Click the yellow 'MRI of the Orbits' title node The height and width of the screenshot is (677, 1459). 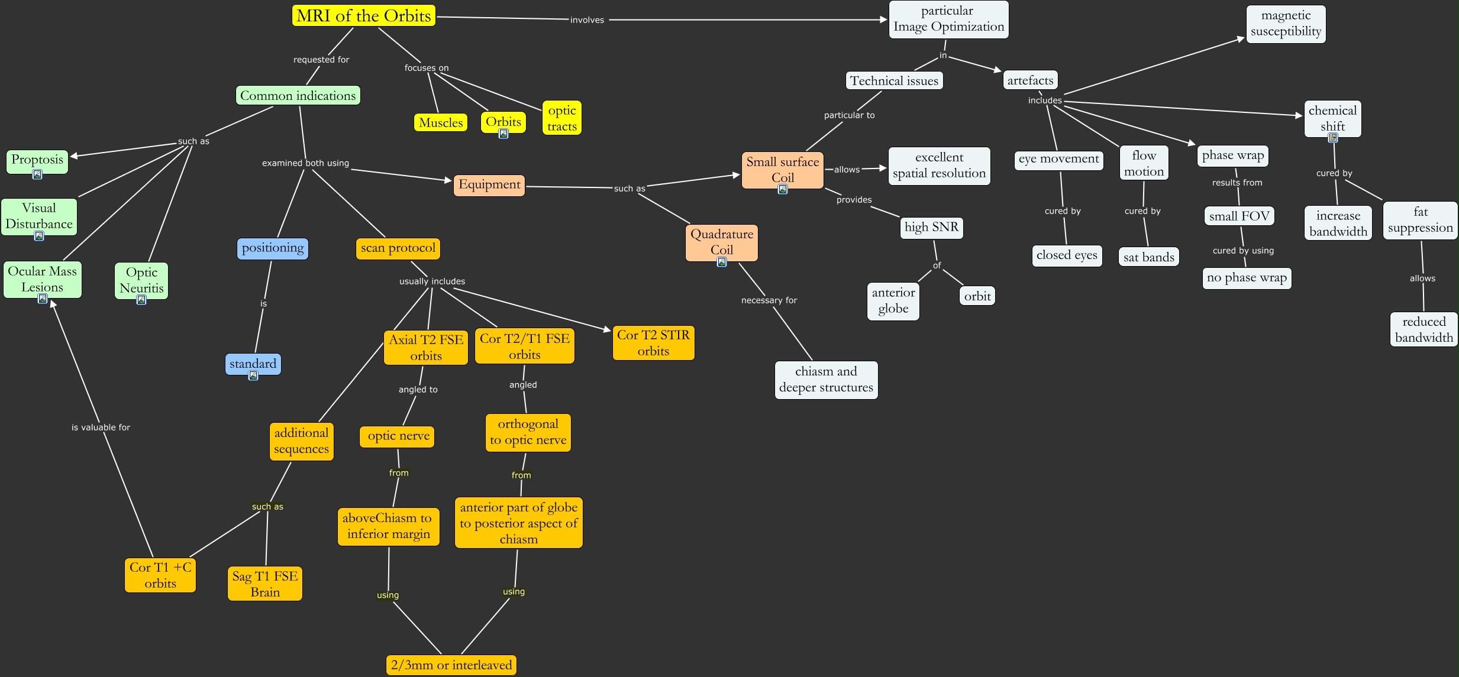pyautogui.click(x=363, y=16)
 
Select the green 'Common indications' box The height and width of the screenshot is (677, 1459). pyautogui.click(x=298, y=96)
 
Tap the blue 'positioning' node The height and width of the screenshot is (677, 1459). pyautogui.click(x=272, y=248)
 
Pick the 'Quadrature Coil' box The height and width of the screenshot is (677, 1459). pyautogui.click(x=721, y=242)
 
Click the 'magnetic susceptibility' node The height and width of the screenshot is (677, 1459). pyautogui.click(x=1286, y=24)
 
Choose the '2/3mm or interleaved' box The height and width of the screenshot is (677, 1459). pyautogui.click(x=451, y=665)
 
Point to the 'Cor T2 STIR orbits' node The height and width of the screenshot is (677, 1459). pyautogui.click(x=653, y=343)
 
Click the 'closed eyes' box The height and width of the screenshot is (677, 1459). pyautogui.click(x=1067, y=255)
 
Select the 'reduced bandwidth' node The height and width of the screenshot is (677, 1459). pyautogui.click(x=1424, y=329)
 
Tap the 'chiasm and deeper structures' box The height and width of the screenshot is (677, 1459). pyautogui.click(x=826, y=380)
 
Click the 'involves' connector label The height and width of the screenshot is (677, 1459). pyautogui.click(x=587, y=20)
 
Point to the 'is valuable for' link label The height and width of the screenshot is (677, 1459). pyautogui.click(x=101, y=427)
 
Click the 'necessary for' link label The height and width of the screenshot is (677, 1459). pyautogui.click(x=769, y=300)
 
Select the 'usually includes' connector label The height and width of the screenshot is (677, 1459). pyautogui.click(x=432, y=281)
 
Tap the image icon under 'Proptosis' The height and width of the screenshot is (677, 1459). pyautogui.click(x=37, y=174)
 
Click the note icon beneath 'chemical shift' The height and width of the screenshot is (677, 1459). pyautogui.click(x=1332, y=138)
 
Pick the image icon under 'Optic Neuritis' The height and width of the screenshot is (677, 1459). pyautogui.click(x=141, y=300)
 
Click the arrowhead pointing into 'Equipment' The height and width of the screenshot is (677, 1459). pyautogui.click(x=448, y=180)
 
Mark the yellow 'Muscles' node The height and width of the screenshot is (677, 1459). pyautogui.click(x=441, y=123)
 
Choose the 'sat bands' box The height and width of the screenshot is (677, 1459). pyautogui.click(x=1148, y=257)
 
